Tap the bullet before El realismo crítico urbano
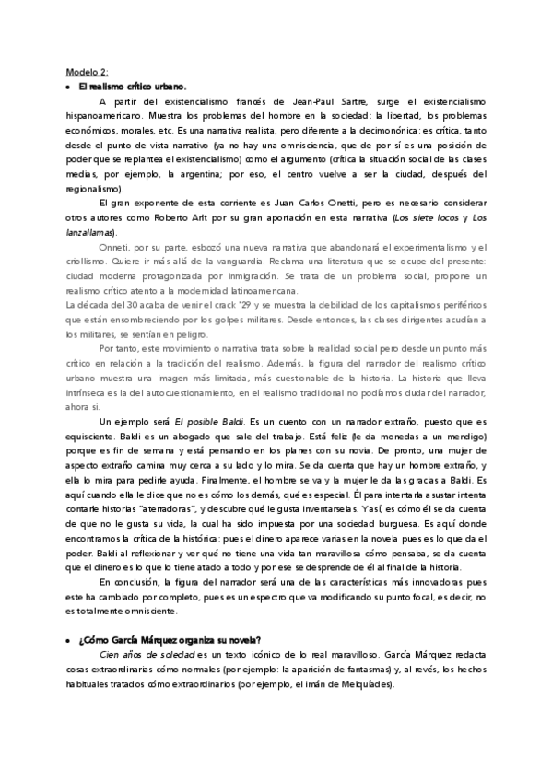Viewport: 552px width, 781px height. pyautogui.click(x=69, y=86)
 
